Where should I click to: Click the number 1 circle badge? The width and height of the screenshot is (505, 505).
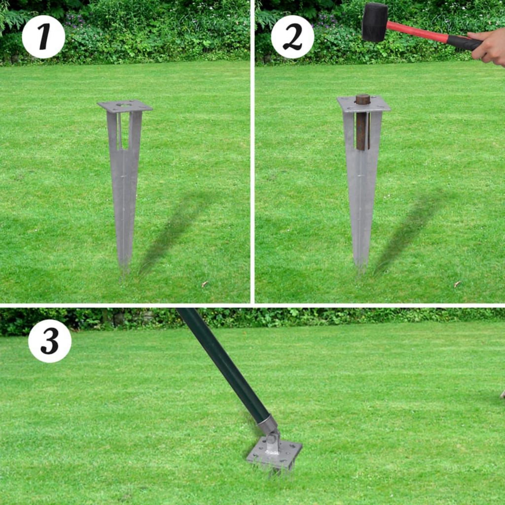(x=43, y=37)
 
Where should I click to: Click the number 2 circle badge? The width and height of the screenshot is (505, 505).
(x=292, y=37)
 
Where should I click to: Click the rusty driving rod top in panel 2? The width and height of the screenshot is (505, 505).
(x=362, y=100)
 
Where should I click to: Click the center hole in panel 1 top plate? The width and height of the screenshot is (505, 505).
(x=124, y=104)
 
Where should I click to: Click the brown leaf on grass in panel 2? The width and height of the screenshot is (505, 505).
(x=457, y=284)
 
